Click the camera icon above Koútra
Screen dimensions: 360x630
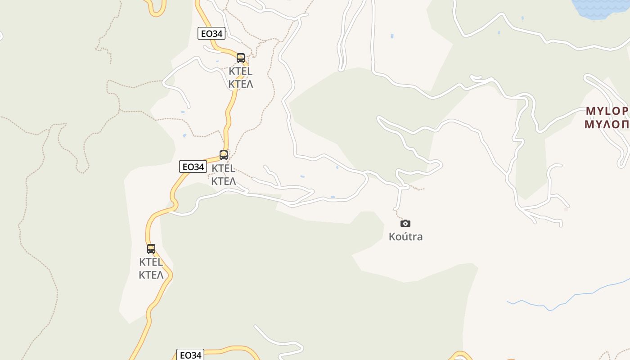(x=405, y=223)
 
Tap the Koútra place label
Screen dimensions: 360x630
(x=405, y=237)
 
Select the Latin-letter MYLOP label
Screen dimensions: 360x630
(x=607, y=111)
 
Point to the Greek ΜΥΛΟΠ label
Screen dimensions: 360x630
(x=607, y=124)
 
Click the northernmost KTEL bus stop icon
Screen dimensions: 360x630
(x=241, y=58)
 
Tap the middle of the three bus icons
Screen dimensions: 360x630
(x=224, y=155)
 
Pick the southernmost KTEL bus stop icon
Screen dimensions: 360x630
(x=151, y=249)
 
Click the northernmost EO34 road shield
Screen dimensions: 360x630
(x=211, y=33)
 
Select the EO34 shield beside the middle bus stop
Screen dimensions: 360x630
(x=193, y=167)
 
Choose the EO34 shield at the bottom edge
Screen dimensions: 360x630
(x=190, y=355)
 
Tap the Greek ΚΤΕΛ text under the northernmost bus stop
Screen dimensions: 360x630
(x=241, y=84)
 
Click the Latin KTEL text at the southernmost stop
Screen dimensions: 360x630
(x=151, y=262)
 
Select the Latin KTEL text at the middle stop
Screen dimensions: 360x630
(x=224, y=169)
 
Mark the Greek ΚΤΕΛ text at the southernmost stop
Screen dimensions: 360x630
(x=151, y=275)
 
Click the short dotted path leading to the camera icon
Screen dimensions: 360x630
(x=397, y=215)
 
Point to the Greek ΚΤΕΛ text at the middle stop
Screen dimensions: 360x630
(x=224, y=181)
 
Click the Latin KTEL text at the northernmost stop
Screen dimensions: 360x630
(x=241, y=71)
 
